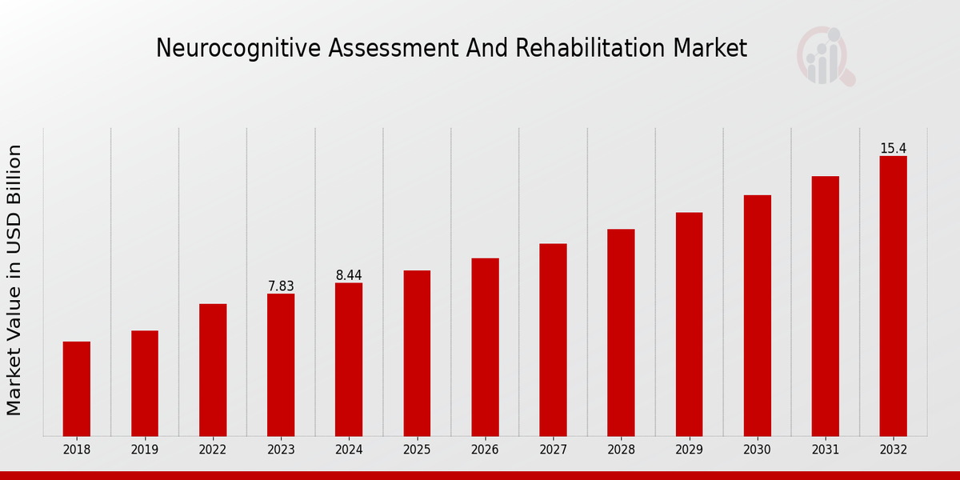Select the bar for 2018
click(77, 389)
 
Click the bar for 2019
click(145, 383)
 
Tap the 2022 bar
click(213, 370)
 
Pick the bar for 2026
click(485, 347)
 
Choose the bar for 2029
click(689, 324)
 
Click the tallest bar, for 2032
click(893, 296)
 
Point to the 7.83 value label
click(281, 286)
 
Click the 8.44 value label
click(349, 275)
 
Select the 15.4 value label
click(893, 149)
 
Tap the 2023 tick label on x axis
click(281, 450)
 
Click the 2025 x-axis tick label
click(417, 450)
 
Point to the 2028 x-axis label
click(621, 450)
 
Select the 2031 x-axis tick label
click(825, 450)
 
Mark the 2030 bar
click(757, 315)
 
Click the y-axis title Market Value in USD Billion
click(14, 280)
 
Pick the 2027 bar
click(553, 340)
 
